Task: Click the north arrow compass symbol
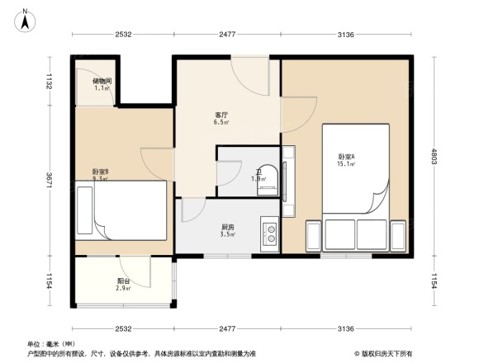(x=26, y=17)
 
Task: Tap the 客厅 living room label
(x=221, y=115)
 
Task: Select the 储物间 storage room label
(x=102, y=81)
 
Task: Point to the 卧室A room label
(x=346, y=156)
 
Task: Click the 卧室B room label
(x=100, y=172)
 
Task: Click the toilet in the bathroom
(x=267, y=180)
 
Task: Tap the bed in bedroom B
(x=124, y=210)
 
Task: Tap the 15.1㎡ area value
(x=346, y=164)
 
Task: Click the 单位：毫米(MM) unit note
(x=51, y=343)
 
